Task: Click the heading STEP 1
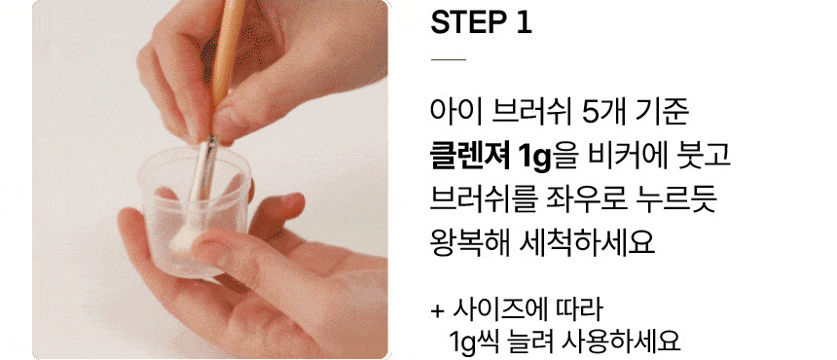coord(481,22)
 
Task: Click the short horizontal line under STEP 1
coord(448,59)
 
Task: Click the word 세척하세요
coord(586,245)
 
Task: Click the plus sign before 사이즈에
coord(437,311)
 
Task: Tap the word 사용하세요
coord(621,342)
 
